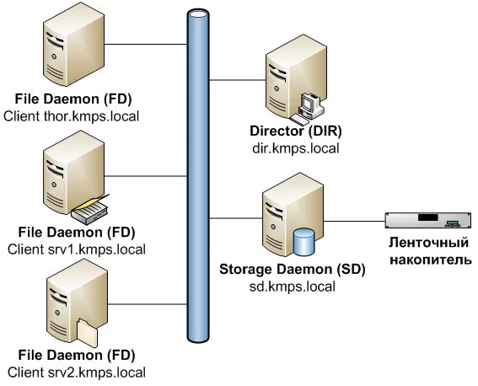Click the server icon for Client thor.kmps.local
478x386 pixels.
pos(62,52)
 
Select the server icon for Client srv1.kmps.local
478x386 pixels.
pos(62,177)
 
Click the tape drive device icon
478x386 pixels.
pos(426,222)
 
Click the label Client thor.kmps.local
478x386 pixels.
pos(72,115)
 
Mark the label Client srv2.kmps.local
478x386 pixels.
pos(75,372)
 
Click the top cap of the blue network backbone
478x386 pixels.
pos(197,15)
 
